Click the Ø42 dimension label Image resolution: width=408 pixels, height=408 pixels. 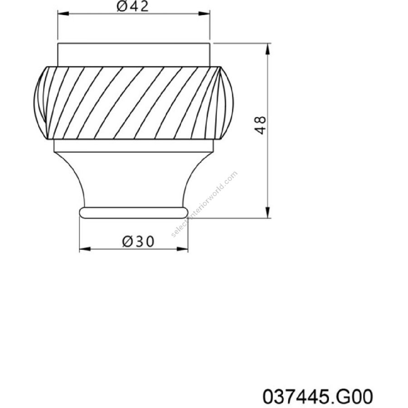(133, 6)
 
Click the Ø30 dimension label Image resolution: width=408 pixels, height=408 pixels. (138, 241)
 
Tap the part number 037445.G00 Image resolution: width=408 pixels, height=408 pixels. (318, 396)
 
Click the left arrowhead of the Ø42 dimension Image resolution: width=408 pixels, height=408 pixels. (63, 14)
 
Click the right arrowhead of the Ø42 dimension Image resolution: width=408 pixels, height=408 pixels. (204, 14)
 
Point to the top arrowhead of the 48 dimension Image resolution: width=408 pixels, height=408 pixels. (268, 49)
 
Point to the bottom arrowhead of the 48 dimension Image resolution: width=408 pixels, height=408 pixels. (268, 212)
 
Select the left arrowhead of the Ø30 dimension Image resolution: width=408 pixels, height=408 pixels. (85, 249)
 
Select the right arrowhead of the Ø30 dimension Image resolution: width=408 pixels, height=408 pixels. (182, 249)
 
